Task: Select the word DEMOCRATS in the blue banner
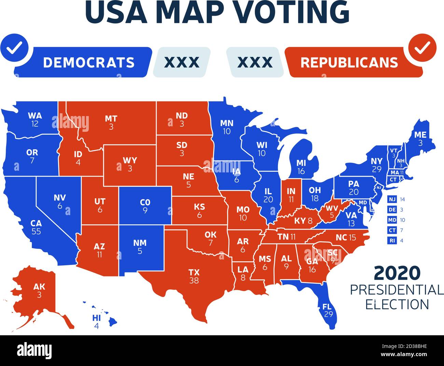(89, 62)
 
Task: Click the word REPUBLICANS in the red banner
(349, 62)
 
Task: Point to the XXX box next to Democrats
(182, 62)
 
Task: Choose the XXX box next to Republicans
(255, 62)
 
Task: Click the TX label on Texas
(194, 272)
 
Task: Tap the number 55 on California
(36, 231)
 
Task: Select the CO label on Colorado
(145, 202)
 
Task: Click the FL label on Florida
(327, 307)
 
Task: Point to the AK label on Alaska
(39, 287)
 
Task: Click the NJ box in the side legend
(392, 199)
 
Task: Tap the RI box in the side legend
(392, 240)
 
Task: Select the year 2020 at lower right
(397, 273)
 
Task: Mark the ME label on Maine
(420, 135)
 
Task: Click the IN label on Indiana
(291, 191)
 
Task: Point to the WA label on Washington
(35, 115)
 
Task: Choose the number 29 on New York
(377, 169)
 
